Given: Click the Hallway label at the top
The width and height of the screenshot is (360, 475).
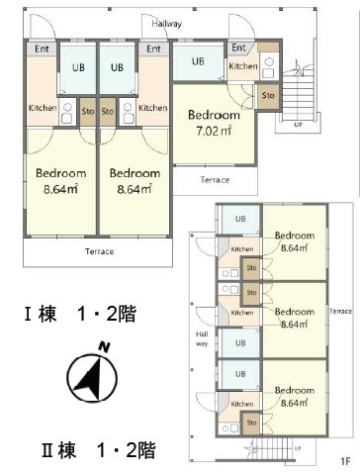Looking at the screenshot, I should click(167, 23).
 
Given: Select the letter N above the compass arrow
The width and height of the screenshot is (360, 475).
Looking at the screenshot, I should click(103, 347).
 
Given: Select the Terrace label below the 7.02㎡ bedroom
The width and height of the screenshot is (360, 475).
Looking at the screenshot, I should click(215, 180).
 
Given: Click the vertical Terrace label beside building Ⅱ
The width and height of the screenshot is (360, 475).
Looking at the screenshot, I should click(340, 311).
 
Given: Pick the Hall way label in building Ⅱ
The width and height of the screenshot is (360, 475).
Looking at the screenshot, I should click(201, 339).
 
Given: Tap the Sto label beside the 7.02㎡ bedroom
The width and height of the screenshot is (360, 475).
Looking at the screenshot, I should click(268, 95).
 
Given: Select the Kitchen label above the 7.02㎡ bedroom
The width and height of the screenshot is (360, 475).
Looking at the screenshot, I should click(242, 66).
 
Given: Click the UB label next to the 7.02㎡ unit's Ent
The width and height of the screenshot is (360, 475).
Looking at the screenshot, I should click(198, 61).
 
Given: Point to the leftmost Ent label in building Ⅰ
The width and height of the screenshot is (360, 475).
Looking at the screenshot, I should click(42, 48).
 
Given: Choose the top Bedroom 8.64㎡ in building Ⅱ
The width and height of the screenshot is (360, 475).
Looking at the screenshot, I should click(294, 241).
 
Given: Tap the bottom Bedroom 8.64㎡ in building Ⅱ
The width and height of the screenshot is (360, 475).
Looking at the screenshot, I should click(294, 396).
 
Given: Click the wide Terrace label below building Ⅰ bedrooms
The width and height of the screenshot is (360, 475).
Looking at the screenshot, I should click(98, 251).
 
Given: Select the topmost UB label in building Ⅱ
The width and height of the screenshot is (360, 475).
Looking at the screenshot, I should click(240, 220).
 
